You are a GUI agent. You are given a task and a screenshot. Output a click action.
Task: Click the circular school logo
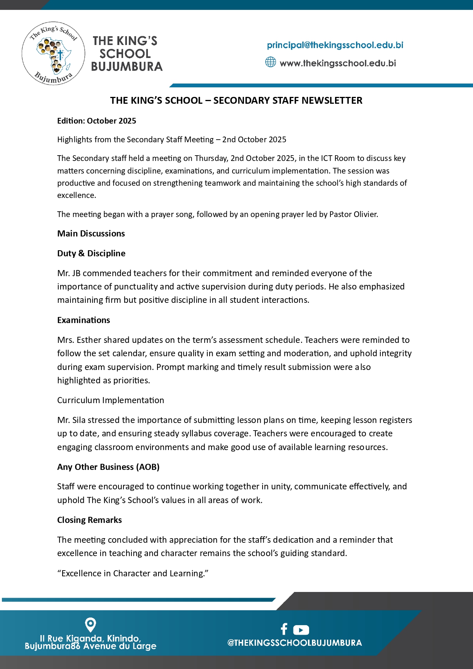pyautogui.click(x=53, y=53)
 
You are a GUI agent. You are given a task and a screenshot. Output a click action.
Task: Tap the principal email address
pyautogui.click(x=335, y=45)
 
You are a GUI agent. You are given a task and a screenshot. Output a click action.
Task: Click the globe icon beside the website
pyautogui.click(x=270, y=62)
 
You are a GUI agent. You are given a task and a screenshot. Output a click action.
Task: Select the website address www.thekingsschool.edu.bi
pyautogui.click(x=338, y=63)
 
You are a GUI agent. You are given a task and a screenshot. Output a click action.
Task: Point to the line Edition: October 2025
pyautogui.click(x=96, y=121)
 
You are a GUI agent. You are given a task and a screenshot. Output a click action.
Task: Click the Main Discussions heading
pyautogui.click(x=91, y=233)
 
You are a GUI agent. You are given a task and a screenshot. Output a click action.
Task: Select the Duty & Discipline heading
pyautogui.click(x=91, y=253)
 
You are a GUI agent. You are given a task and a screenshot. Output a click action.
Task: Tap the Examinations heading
pyautogui.click(x=83, y=320)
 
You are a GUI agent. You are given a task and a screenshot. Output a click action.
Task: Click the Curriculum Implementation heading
pyautogui.click(x=111, y=400)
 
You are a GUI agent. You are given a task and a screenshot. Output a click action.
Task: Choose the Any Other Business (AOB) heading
pyautogui.click(x=108, y=467)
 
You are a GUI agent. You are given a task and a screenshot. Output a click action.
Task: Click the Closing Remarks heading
pyautogui.click(x=90, y=520)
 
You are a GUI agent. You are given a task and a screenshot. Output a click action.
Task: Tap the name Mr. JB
pyautogui.click(x=69, y=273)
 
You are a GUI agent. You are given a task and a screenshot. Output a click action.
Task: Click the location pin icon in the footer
pyautogui.click(x=90, y=625)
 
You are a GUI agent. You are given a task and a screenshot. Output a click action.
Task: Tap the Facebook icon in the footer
pyautogui.click(x=284, y=629)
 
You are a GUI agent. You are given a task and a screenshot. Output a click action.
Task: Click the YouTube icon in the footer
pyautogui.click(x=301, y=630)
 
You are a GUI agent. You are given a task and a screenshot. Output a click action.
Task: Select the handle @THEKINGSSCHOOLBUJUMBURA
pyautogui.click(x=295, y=643)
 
